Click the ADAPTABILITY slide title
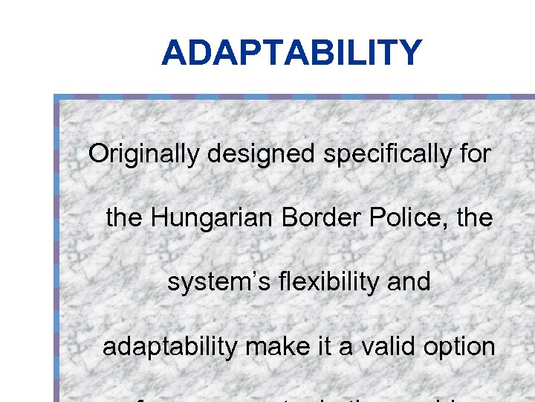(291, 53)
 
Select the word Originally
(144, 155)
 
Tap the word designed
(262, 155)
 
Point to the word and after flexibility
(409, 282)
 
